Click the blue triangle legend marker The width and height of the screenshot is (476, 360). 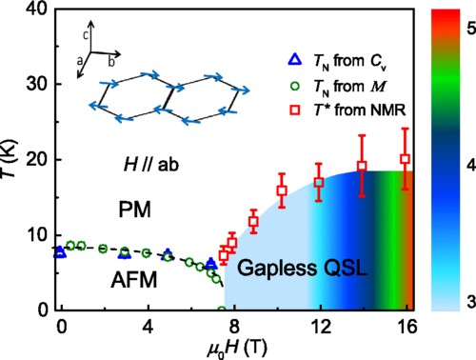pyautogui.click(x=295, y=60)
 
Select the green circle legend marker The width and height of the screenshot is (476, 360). pyautogui.click(x=295, y=86)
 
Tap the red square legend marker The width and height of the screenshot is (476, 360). pyautogui.click(x=295, y=110)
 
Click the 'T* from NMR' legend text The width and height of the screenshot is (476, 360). pyautogui.click(x=360, y=110)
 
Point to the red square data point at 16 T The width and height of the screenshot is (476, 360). pyautogui.click(x=405, y=159)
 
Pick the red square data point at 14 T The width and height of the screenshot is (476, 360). pyautogui.click(x=362, y=166)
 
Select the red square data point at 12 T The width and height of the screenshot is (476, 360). pyautogui.click(x=319, y=183)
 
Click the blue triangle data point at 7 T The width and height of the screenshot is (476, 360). pyautogui.click(x=211, y=264)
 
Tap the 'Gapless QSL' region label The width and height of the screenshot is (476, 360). pyautogui.click(x=302, y=268)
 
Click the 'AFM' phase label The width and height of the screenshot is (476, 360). pyautogui.click(x=134, y=280)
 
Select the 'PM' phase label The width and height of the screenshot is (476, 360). pyautogui.click(x=134, y=210)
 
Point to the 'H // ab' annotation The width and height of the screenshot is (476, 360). pyautogui.click(x=151, y=165)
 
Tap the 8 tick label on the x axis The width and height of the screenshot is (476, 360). pyautogui.click(x=234, y=327)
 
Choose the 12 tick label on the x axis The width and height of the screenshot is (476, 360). pyautogui.click(x=321, y=327)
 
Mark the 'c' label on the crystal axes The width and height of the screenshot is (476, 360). pyautogui.click(x=86, y=35)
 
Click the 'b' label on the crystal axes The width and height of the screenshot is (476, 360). pyautogui.click(x=111, y=62)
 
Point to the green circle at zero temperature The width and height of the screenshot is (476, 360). pyautogui.click(x=222, y=310)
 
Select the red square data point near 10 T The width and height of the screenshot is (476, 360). pyautogui.click(x=282, y=190)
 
